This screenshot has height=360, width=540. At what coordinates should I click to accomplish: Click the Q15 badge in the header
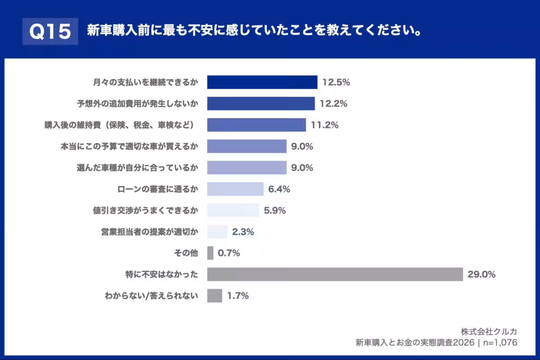tap(50, 31)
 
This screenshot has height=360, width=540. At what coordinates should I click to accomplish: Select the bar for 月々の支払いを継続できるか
tap(262, 82)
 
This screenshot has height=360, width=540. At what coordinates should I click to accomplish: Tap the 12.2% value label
tap(333, 104)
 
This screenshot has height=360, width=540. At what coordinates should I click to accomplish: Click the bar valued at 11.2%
tap(256, 125)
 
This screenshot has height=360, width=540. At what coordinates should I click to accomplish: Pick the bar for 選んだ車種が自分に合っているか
tap(247, 167)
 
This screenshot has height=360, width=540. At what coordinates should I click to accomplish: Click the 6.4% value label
tap(279, 189)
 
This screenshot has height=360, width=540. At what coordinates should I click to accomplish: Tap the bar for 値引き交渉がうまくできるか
tap(233, 210)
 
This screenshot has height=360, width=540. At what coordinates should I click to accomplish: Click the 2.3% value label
tap(243, 232)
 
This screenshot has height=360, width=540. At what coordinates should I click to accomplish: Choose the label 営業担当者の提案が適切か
tap(149, 232)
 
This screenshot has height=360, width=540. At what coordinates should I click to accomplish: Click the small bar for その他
tap(210, 253)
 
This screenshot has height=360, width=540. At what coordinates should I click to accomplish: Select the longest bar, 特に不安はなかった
tap(335, 274)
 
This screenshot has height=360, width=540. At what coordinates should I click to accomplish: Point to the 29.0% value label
tap(481, 274)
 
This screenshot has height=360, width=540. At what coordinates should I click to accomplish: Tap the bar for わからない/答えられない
tap(215, 296)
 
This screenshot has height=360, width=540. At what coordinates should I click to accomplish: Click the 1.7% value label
tap(238, 296)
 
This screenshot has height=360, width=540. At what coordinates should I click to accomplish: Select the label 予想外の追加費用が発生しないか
tap(137, 104)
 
